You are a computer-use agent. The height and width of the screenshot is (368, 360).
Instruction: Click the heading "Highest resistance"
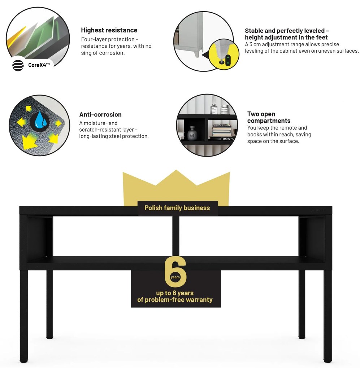pyautogui.click(x=109, y=30)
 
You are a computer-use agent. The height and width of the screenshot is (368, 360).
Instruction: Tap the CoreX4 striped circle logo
pyautogui.click(x=18, y=65)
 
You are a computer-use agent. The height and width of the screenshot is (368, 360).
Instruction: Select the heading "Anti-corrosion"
pyautogui.click(x=100, y=114)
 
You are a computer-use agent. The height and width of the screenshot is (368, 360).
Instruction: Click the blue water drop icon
pyautogui.click(x=41, y=121)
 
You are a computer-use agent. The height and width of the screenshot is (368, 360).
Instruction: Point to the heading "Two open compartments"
pyautogui.click(x=269, y=117)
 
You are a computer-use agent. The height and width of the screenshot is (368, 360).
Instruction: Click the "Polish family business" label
pyautogui.click(x=177, y=208)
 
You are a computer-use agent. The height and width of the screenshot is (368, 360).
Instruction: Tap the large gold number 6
pyautogui.click(x=175, y=272)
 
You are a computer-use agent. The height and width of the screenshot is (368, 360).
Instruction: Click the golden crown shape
pyautogui.click(x=176, y=188)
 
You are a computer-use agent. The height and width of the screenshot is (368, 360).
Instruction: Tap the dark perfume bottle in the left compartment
pyautogui.click(x=192, y=133)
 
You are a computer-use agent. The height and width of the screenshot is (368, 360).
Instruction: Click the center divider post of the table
pyautogui.click(x=175, y=236)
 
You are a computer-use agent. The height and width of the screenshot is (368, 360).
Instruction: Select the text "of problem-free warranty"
pyautogui.click(x=175, y=300)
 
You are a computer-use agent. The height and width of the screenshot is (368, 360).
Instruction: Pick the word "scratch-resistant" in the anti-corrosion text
pyautogui.click(x=100, y=130)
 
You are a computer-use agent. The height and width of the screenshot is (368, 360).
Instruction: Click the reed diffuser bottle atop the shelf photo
pyautogui.click(x=214, y=106)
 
